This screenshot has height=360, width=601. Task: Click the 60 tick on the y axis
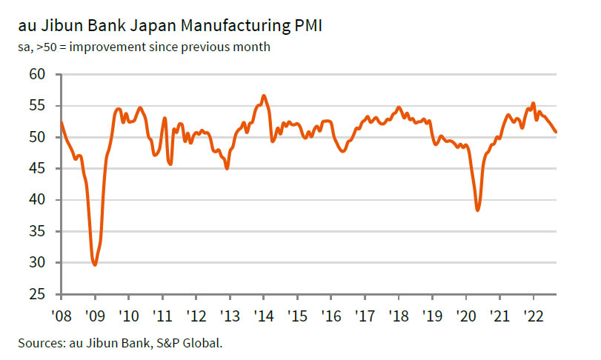pyautogui.click(x=39, y=75)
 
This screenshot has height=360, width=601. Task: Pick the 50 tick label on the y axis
pyautogui.click(x=39, y=138)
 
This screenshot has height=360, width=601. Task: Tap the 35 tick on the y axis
pyautogui.click(x=39, y=232)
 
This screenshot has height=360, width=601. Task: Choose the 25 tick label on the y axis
pyautogui.click(x=39, y=295)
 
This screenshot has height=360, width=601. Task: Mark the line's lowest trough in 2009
pyautogui.click(x=95, y=264)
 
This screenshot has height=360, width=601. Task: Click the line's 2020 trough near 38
pyautogui.click(x=478, y=210)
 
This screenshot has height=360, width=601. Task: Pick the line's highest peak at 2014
pyautogui.click(x=264, y=96)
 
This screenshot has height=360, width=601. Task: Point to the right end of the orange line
pyautogui.click(x=557, y=132)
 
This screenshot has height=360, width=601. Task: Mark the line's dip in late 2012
pyautogui.click(x=227, y=169)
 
